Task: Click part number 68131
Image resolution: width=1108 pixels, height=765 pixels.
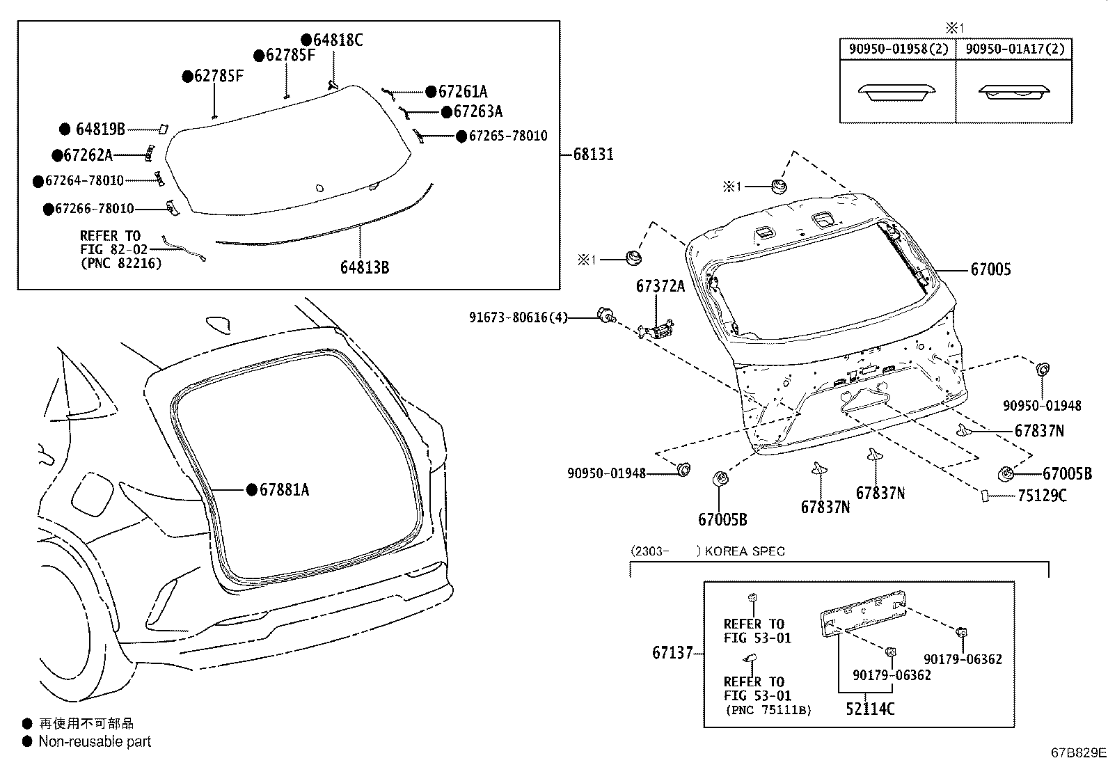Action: [x=593, y=155]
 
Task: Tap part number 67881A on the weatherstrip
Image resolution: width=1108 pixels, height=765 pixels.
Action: [x=284, y=490]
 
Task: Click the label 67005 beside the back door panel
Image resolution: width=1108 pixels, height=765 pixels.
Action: [x=990, y=269]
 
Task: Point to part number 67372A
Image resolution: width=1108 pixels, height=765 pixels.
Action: [x=660, y=286]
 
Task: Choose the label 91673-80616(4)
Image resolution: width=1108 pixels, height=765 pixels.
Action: [x=518, y=317]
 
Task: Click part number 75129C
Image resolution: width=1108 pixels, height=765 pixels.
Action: [x=1041, y=496]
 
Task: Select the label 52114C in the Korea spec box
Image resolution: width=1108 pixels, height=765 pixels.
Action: [x=870, y=709]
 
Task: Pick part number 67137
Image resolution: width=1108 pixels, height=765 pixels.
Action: [x=672, y=653]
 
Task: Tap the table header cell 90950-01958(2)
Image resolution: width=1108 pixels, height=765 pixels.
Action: [x=897, y=49]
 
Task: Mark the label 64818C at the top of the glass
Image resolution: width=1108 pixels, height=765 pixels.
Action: [x=338, y=40]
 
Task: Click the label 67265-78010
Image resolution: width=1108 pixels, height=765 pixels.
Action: [x=507, y=136]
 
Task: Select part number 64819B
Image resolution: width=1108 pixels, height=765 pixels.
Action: [x=100, y=129]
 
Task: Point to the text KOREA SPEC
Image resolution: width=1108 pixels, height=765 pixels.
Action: [x=745, y=551]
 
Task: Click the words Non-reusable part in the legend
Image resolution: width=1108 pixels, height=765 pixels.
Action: [x=95, y=742]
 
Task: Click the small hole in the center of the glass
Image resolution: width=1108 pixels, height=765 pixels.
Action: [x=319, y=187]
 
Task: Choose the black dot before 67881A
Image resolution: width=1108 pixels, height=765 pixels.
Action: [x=252, y=490]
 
